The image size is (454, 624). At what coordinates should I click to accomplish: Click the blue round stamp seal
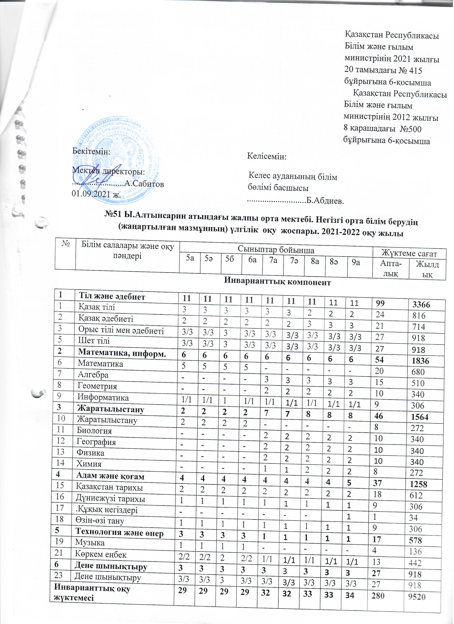click(118, 162)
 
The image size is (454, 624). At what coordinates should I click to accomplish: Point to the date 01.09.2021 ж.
click(96, 194)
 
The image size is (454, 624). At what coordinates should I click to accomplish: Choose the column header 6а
click(252, 259)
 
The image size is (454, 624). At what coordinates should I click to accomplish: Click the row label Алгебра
click(93, 375)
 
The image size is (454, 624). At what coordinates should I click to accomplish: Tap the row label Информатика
click(103, 397)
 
